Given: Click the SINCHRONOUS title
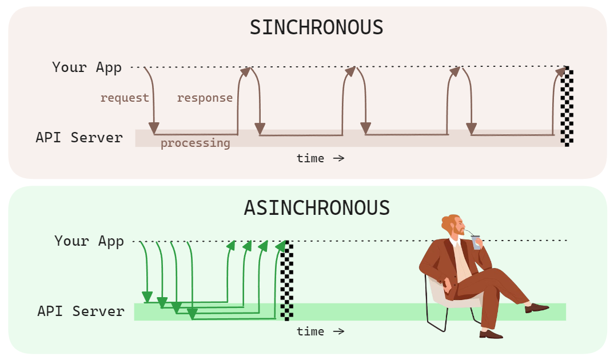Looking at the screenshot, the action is [x=316, y=27].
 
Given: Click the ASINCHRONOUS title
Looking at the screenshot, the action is [x=316, y=207].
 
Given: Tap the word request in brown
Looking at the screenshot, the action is [x=124, y=98].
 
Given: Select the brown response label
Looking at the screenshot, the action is [x=205, y=98].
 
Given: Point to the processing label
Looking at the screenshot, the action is [x=195, y=143].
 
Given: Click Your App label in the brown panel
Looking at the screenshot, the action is [x=87, y=67].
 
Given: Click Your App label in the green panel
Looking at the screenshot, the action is [x=89, y=241].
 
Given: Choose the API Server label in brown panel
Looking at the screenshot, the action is [x=79, y=138].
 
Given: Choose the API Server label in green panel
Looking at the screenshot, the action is [x=81, y=311].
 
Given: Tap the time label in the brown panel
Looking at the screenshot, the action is [x=320, y=158].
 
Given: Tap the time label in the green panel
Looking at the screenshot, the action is [x=320, y=331].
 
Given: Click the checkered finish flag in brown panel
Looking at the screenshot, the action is [x=567, y=107].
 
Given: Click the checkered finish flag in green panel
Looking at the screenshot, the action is [x=287, y=280].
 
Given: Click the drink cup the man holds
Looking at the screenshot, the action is [x=476, y=242].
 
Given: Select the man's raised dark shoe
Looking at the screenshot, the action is [x=536, y=308].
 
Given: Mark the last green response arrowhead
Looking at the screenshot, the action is [x=281, y=245].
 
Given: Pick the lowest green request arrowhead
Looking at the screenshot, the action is [x=192, y=314].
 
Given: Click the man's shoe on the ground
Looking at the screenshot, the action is [x=491, y=334].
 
